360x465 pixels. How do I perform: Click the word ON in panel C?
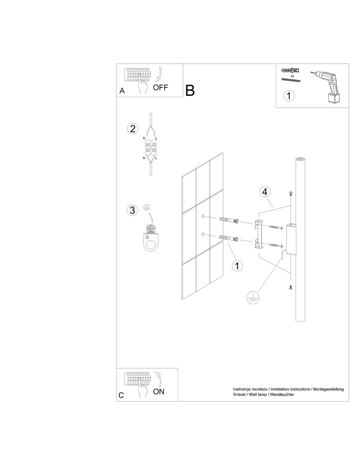pos(159,392)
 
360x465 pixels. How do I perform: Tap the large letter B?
pos(190,90)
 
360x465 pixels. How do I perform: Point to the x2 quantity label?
pos(292,75)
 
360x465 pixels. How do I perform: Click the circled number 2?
pos(133,129)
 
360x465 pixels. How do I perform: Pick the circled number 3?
pos(133,210)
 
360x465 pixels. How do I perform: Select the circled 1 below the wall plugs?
pos(237,266)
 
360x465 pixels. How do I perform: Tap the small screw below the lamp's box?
pos(291,287)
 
